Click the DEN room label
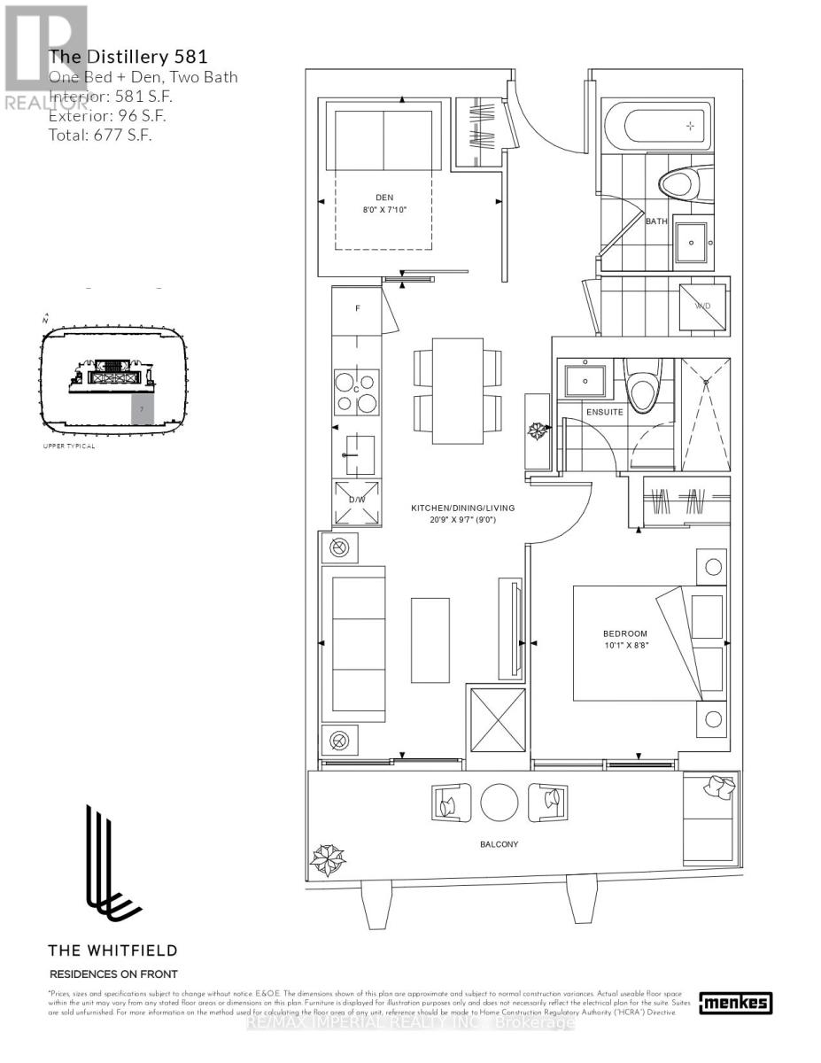[383, 198]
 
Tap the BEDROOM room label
[625, 633]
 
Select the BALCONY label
[500, 844]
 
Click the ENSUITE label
[605, 412]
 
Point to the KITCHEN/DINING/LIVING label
[462, 508]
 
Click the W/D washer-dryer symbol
[704, 306]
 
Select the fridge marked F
[357, 310]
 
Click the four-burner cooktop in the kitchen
[356, 392]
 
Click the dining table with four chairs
[457, 391]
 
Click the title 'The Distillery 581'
[128, 58]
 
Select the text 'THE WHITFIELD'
[112, 950]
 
